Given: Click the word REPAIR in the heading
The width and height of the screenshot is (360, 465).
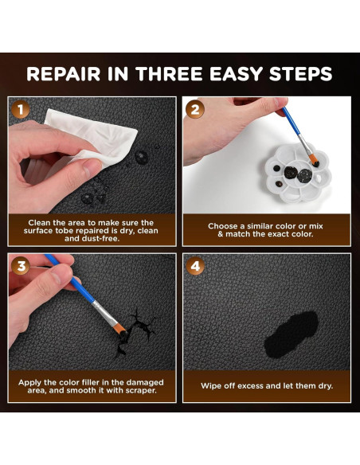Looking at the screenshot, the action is [63, 74].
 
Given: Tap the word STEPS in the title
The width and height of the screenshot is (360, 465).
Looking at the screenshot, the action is [300, 74].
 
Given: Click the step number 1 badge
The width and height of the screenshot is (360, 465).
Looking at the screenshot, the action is [21, 110].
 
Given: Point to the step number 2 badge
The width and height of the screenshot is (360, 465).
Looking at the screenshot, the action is [195, 110].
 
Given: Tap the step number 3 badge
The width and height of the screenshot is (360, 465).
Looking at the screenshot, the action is [21, 266].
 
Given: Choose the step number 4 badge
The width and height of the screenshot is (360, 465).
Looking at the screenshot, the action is [195, 266].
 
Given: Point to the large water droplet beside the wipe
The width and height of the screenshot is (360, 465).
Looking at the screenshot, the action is [142, 157].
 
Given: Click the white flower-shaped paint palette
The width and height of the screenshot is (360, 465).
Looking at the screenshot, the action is [297, 174].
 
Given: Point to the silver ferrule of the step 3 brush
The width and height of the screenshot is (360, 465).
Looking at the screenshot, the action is [104, 314].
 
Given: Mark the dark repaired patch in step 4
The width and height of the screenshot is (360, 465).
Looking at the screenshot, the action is [292, 334].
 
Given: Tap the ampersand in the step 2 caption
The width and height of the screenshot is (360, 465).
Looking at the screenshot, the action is [221, 234].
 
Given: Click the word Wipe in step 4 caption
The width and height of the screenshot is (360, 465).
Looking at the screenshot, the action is [209, 386].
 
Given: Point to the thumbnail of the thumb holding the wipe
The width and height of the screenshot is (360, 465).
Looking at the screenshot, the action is [88, 169].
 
